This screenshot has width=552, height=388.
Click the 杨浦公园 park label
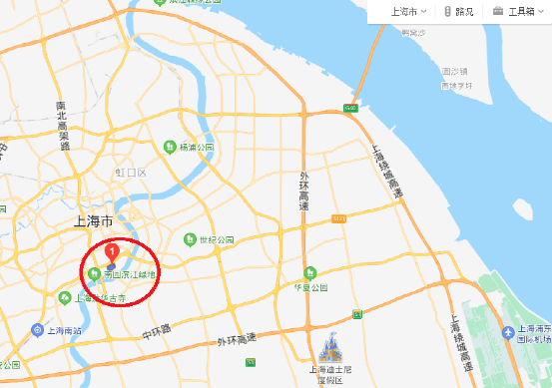click(197, 147)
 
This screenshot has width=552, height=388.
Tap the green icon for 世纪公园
click(190, 239)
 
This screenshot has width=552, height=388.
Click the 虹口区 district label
click(130, 173)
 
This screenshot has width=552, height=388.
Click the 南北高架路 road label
click(64, 126)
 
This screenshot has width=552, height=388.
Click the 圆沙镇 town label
click(457, 72)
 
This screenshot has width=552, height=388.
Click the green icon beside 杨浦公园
click(170, 147)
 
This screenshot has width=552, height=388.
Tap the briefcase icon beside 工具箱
click(497, 11)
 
